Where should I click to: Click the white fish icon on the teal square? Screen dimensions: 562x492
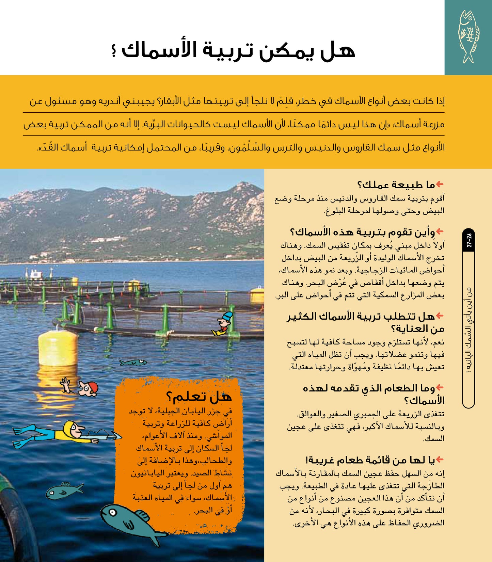pos(469,37)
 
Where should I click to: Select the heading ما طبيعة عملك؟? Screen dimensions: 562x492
pos(396,185)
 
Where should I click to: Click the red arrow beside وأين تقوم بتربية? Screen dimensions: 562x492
pos(440,231)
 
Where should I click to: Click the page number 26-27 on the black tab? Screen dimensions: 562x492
pos(469,241)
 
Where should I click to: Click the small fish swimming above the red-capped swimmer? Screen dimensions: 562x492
pos(133,363)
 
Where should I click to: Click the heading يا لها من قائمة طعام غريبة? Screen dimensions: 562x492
pos(370,461)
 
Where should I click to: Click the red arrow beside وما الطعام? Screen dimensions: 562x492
pos(440,387)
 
